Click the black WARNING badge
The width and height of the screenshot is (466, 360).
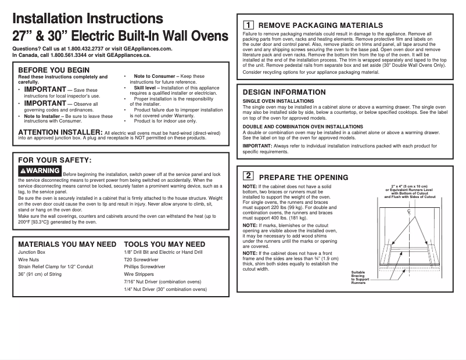tap(40, 171)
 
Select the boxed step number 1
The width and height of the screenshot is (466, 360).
tap(248, 25)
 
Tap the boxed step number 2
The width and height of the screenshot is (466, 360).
tap(248, 175)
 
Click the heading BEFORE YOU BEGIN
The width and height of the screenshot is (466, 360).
tap(54, 70)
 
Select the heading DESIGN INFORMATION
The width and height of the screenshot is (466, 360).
tap(284, 92)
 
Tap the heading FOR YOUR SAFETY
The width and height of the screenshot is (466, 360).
tap(55, 160)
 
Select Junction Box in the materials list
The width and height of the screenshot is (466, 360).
tap(32, 253)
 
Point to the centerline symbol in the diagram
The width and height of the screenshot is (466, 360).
tap(410, 213)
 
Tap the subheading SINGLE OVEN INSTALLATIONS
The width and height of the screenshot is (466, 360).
tap(278, 101)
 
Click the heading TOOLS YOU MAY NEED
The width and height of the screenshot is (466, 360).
tap(164, 244)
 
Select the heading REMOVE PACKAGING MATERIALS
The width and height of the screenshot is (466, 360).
tap(320, 26)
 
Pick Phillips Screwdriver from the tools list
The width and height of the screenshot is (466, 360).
tap(145, 267)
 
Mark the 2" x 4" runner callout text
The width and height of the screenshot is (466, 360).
tap(410, 192)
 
